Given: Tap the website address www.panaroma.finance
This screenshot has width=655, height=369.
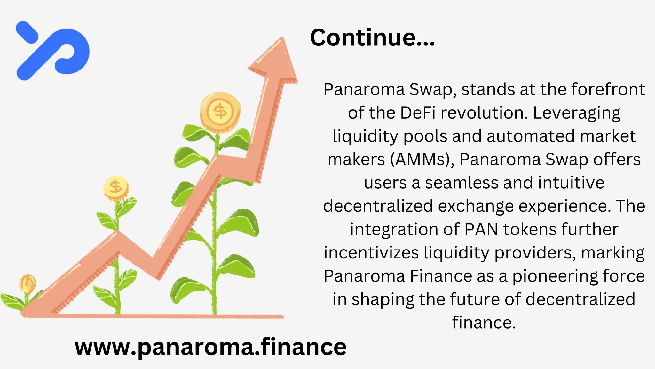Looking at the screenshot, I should point(210,347).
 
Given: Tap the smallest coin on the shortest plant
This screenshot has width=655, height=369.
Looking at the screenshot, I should point(28,283).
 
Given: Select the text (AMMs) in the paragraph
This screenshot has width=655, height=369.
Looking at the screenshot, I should point(422,160).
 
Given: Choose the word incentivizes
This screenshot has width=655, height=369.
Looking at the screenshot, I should point(371,253).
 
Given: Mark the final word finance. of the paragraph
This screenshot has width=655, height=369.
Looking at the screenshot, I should point(484,323).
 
